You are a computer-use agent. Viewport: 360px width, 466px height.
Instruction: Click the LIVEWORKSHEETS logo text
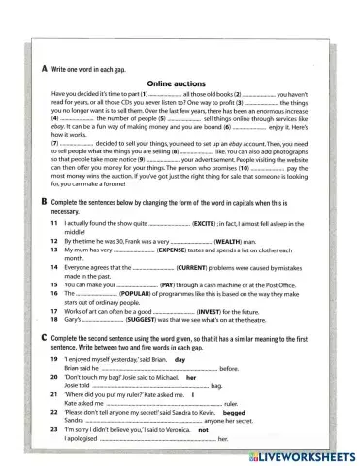[x=298, y=455]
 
